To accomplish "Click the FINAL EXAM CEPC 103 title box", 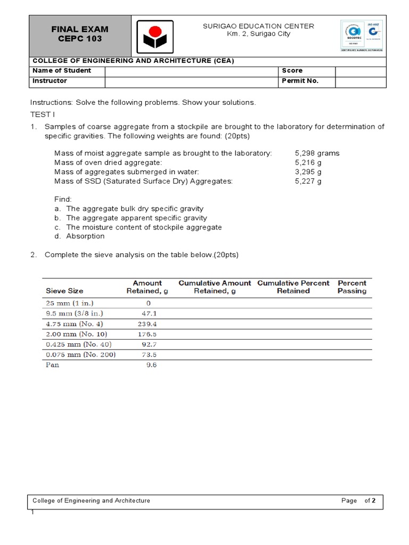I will click(x=80, y=35).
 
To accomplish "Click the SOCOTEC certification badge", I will click(x=360, y=36).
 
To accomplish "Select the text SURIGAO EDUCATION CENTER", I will click(x=259, y=26).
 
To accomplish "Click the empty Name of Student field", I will click(x=190, y=71).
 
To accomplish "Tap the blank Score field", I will click(x=360, y=71).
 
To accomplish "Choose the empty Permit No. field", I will click(x=360, y=81).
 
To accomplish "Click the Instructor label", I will click(x=50, y=81).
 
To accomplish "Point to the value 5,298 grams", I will click(x=317, y=153).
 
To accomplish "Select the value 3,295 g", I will click(x=308, y=172).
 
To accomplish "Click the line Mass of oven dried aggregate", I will click(x=108, y=162).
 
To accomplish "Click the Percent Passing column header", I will click(x=351, y=287).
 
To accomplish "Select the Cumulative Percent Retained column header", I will click(x=293, y=287).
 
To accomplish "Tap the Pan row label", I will click(x=53, y=365).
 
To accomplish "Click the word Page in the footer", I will click(x=349, y=501).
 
